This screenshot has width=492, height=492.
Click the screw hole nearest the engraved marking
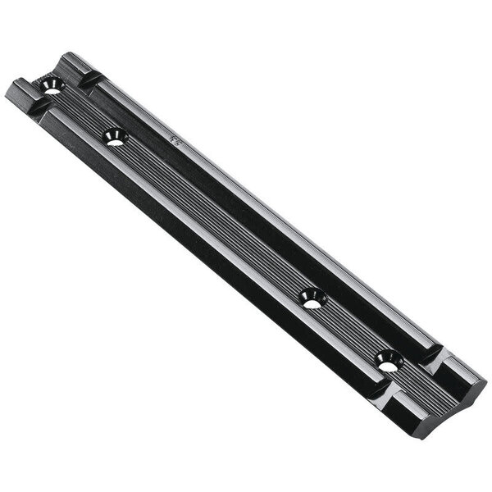point(114,137)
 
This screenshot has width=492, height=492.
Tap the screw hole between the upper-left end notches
point(52,85)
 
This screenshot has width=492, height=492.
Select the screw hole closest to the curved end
point(385,358)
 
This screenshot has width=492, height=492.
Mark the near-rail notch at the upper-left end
point(33,106)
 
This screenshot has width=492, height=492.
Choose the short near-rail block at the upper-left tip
point(18,89)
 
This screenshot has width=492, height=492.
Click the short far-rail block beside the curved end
point(463,369)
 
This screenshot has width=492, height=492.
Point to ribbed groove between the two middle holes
point(213,217)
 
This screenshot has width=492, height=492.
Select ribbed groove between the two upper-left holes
point(82,111)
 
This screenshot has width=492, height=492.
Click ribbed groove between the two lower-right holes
point(348,328)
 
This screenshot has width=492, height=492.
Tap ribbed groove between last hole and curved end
point(422,385)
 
